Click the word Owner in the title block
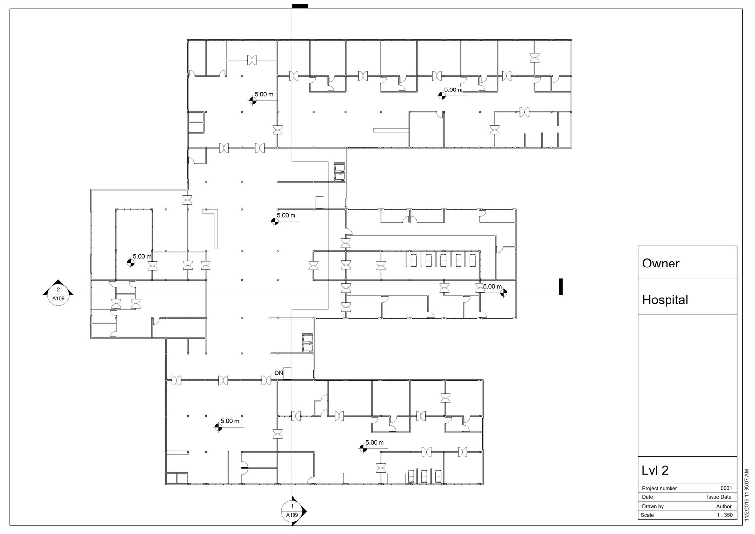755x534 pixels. pos(661,263)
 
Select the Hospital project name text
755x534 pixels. pos(665,300)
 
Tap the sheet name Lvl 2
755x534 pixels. pos(655,470)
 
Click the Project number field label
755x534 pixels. pos(659,488)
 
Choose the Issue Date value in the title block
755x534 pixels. pos(719,497)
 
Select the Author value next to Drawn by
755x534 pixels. pos(724,506)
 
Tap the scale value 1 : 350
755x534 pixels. pos(724,515)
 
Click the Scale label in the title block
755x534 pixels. pos(648,515)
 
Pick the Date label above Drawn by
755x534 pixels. pos(647,497)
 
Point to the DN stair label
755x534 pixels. pos(279,373)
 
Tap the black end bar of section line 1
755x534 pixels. pos(299,6)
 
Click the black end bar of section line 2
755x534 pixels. pos(561,287)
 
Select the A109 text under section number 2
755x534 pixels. pos(58,299)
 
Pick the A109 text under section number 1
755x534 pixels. pos(292,515)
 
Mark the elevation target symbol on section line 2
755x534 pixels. pos(503,294)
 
